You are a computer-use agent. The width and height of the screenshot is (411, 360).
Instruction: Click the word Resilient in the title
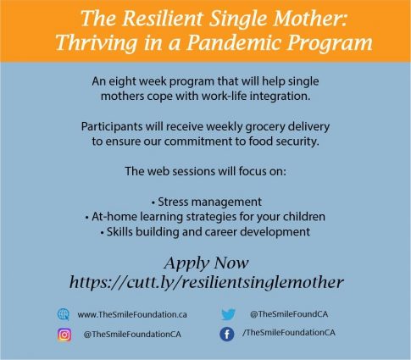[x=162, y=18]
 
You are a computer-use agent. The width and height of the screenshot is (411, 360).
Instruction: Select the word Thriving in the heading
[x=97, y=43]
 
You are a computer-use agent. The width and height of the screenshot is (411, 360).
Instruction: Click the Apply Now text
[x=206, y=263]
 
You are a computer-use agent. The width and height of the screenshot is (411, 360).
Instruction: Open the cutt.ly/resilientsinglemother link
[x=207, y=282]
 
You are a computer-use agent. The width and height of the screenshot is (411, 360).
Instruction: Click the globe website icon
[x=64, y=314]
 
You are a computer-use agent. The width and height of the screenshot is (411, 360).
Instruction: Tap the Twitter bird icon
[x=228, y=314]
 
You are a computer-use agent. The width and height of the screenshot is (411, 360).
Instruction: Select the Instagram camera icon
[x=64, y=335]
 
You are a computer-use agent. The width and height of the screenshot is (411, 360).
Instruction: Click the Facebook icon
[x=227, y=335]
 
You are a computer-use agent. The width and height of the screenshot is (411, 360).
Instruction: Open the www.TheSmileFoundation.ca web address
[x=132, y=314]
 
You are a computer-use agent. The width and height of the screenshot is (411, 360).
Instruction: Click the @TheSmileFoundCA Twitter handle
[x=289, y=314]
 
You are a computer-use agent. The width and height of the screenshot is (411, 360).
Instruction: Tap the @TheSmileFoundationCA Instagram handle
[x=132, y=335]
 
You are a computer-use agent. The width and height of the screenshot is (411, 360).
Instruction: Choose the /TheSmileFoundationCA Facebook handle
[x=289, y=333]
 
